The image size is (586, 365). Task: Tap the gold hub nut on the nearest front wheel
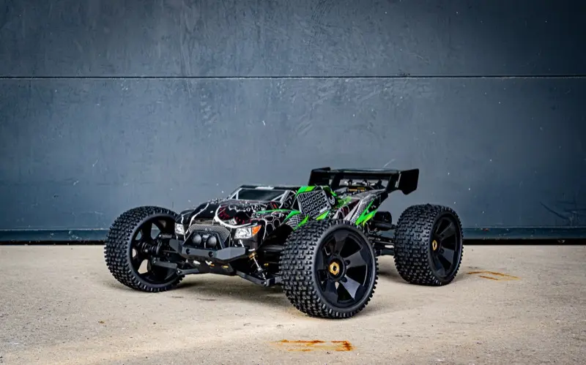coord(335,268)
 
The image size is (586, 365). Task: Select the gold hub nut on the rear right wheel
coord(434,245)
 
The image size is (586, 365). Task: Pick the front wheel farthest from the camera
coord(143,249)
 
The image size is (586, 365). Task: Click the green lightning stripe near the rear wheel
coord(366,215)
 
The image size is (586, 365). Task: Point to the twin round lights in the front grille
coord(205,240)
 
